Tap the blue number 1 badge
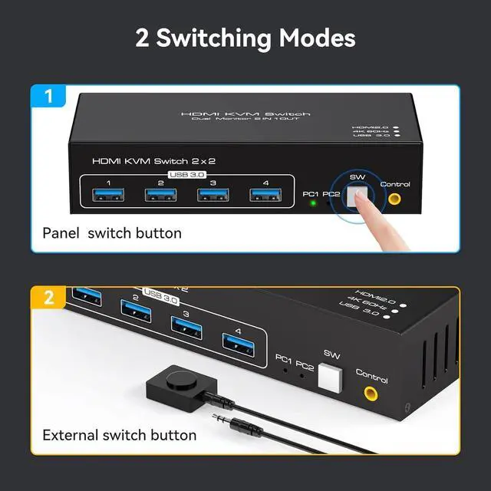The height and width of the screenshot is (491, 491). pos(48,97)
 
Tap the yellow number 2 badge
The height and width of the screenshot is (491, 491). pos(48,298)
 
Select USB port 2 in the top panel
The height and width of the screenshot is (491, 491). pos(160,195)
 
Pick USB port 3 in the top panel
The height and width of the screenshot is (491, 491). pos(212,195)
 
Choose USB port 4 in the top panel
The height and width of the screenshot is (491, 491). pos(263,195)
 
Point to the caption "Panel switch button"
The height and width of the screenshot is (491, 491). pos(112,232)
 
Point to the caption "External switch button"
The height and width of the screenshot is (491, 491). pos(120,435)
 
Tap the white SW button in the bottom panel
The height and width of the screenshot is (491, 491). pos(330,377)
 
